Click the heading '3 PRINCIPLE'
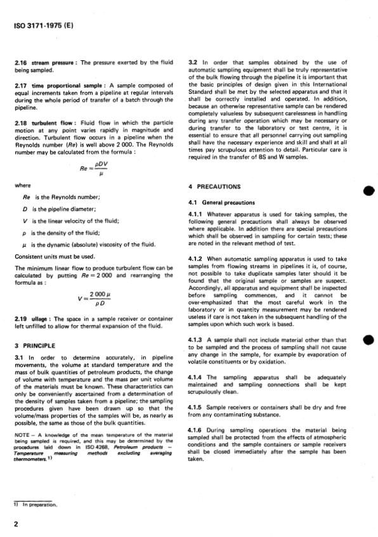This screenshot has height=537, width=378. [x=35, y=345]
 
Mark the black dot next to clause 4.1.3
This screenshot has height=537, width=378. [x=366, y=341]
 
